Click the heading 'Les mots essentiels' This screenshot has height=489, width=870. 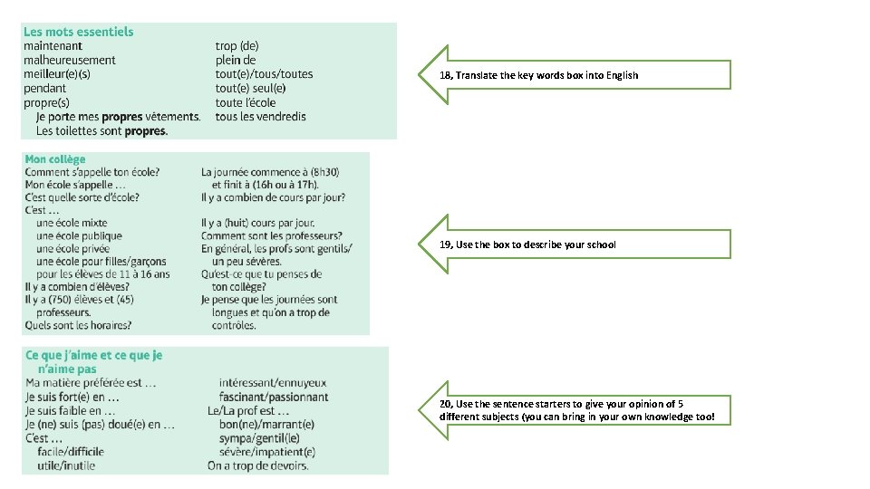point(78,32)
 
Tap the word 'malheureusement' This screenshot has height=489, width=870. point(70,60)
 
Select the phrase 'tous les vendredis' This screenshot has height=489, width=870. point(261,116)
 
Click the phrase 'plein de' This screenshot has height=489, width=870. point(236,60)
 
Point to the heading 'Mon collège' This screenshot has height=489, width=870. point(55,159)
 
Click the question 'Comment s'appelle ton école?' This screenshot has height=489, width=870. point(92,172)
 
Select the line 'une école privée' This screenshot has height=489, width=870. point(79,248)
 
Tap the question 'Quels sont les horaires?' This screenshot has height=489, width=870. point(78,325)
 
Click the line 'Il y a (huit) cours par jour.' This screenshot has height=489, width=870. point(258,223)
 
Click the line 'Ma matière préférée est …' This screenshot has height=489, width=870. point(91,383)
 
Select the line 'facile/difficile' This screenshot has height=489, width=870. point(71,451)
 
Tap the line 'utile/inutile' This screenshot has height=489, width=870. point(66,465)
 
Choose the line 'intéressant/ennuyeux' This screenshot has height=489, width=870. point(273,383)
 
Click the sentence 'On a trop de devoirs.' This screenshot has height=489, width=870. point(257,465)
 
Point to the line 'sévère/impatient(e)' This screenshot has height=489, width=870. point(267,451)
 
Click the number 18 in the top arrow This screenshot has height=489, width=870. point(445,75)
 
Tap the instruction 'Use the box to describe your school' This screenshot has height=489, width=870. point(536,244)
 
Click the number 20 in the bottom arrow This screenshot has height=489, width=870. point(445,404)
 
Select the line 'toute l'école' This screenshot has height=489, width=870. point(246,102)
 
